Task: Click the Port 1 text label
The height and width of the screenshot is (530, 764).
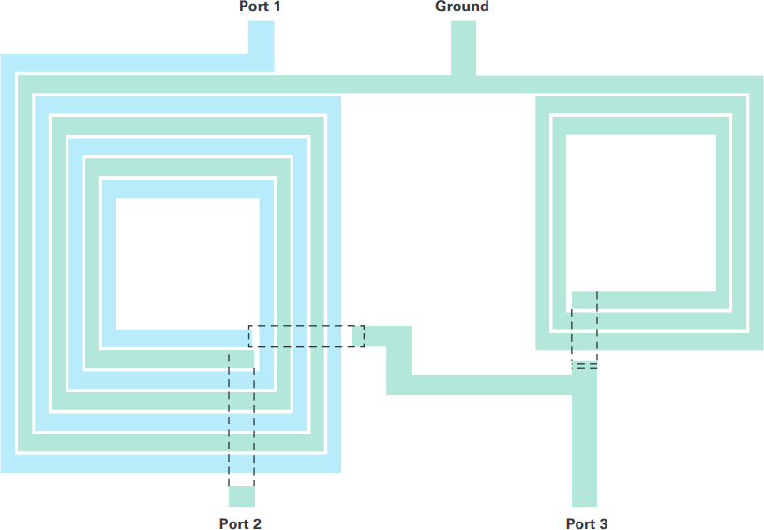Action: [x=260, y=7]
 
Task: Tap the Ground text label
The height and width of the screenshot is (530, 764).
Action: [x=462, y=7]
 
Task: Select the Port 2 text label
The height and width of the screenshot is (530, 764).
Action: [x=240, y=523]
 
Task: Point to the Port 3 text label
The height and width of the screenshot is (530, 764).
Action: [x=587, y=523]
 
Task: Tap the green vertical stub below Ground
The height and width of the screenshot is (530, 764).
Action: [x=463, y=48]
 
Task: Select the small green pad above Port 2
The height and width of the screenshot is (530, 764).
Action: [x=242, y=496]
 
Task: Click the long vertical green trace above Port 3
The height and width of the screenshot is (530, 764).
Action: [x=584, y=438]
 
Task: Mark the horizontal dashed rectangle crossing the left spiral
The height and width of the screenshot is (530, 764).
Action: [x=307, y=336]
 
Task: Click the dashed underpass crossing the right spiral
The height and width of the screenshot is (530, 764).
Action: [x=584, y=330]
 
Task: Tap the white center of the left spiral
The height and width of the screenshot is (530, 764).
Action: [x=187, y=263]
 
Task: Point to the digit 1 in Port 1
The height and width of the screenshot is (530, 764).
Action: [x=277, y=7]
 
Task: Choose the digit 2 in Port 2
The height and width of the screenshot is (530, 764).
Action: [x=257, y=523]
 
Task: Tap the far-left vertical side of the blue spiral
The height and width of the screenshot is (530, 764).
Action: [x=7, y=263]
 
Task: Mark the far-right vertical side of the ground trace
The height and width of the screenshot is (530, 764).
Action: [x=757, y=213]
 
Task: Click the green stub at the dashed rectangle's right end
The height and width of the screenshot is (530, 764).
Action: [x=358, y=336]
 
